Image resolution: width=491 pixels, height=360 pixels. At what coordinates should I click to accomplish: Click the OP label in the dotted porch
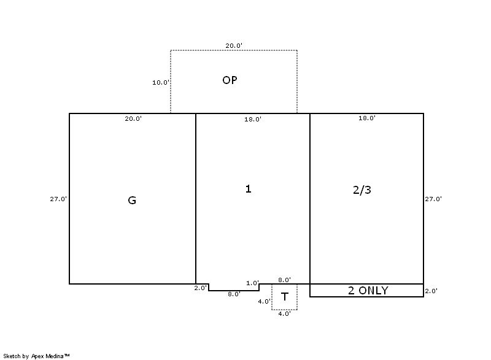(x=230, y=80)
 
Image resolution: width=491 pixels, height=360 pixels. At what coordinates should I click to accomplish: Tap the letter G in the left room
(x=132, y=200)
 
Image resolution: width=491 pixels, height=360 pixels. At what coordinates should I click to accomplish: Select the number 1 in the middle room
(x=248, y=189)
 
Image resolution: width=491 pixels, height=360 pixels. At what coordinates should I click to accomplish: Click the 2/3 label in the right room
(x=362, y=190)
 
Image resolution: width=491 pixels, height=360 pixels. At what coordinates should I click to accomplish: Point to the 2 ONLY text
(x=368, y=291)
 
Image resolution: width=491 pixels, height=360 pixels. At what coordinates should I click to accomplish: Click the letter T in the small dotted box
(x=284, y=296)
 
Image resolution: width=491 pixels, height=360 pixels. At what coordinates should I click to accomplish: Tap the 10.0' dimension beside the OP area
(x=161, y=83)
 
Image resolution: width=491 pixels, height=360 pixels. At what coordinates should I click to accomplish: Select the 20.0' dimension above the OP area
(x=234, y=45)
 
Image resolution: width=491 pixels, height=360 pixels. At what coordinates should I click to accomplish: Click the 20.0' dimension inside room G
(x=133, y=119)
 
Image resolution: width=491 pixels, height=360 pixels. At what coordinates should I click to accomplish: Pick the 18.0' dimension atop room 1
(x=253, y=120)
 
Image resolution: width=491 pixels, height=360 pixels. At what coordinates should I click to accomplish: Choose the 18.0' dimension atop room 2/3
(x=366, y=118)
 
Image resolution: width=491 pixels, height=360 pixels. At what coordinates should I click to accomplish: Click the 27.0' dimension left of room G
(x=58, y=199)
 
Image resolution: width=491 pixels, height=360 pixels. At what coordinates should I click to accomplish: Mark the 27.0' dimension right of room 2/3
(x=433, y=199)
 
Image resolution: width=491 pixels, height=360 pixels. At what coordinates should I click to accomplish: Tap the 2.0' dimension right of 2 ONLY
(x=431, y=291)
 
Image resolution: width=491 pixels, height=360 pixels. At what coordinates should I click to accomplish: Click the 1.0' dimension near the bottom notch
(x=252, y=283)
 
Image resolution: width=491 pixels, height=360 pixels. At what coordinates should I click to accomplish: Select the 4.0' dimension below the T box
(x=284, y=314)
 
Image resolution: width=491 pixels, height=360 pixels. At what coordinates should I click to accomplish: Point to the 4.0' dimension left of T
(x=265, y=302)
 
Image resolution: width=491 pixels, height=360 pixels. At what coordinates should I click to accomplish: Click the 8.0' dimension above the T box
(x=284, y=280)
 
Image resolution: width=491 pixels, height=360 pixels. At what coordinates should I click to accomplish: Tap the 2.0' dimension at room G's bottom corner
(x=201, y=288)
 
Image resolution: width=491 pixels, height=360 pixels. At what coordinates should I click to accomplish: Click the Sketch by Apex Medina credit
(x=37, y=356)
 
